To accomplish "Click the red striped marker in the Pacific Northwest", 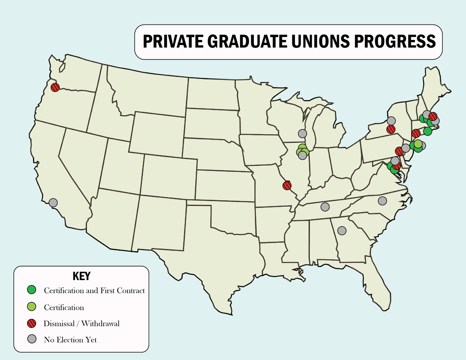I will click(55, 87).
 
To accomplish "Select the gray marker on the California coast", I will click(53, 203).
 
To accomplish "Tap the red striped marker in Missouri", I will click(287, 185).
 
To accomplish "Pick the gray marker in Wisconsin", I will click(303, 133).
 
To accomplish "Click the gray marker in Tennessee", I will click(325, 207).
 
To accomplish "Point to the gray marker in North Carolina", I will click(382, 201).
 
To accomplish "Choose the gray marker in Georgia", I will click(342, 230).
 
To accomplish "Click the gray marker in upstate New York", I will click(391, 121).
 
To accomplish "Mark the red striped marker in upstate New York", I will click(391, 129).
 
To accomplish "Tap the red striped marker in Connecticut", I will click(416, 133).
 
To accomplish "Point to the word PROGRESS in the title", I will click(395, 42).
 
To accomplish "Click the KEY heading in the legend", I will click(81, 276).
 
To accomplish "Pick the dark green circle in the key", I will click(32, 289).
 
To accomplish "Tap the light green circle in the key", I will click(32, 307).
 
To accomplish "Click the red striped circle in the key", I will click(32, 323).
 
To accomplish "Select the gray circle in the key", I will click(32, 339).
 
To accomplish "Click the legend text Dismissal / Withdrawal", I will click(81, 324).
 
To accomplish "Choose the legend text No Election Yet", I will click(70, 340).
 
